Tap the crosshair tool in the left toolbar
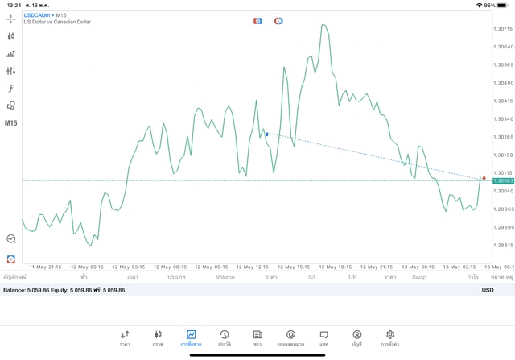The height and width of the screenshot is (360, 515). tap(11, 19)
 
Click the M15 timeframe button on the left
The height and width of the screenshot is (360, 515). tap(11, 123)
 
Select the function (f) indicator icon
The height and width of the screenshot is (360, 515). tap(11, 89)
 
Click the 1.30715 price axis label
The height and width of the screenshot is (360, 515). tap(503, 29)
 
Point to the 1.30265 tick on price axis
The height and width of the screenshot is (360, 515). tap(503, 137)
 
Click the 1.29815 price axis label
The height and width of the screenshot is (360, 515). tap(503, 245)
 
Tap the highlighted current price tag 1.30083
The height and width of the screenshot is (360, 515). tap(503, 180)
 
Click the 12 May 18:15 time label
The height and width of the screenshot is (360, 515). tap(335, 267)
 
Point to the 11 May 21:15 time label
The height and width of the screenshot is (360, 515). tap(45, 267)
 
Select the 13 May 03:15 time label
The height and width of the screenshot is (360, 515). tap(459, 267)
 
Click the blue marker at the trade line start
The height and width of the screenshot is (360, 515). tap(267, 134)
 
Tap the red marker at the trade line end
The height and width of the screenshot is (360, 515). tap(484, 178)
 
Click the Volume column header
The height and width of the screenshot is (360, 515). tap(225, 277)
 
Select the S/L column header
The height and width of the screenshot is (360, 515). tap(312, 277)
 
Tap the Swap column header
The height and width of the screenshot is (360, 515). tap(419, 277)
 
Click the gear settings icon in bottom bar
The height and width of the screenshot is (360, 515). tap(390, 334)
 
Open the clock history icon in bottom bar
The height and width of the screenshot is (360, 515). tap(225, 334)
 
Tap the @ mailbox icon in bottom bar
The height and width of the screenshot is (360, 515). tap(290, 334)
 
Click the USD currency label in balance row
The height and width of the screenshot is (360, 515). tap(488, 290)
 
